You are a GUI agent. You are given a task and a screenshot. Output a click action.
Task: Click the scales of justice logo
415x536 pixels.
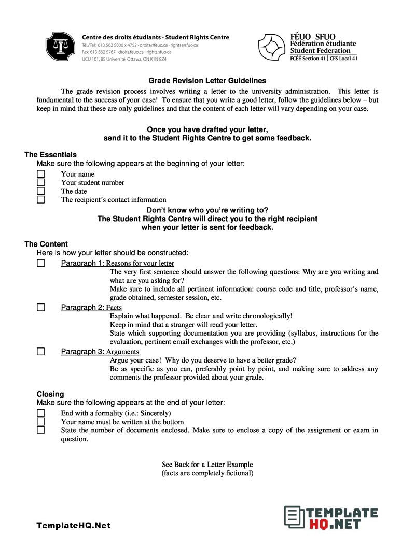point(61,46)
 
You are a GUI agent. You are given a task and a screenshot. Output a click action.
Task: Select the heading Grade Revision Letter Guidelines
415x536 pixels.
point(207,81)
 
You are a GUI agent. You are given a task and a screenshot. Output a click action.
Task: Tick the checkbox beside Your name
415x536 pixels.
point(41,174)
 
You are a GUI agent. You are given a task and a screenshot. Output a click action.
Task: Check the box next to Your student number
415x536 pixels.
point(41,182)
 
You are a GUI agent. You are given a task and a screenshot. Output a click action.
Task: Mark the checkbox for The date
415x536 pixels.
point(41,191)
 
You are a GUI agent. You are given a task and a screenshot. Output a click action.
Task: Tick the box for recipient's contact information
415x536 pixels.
point(41,199)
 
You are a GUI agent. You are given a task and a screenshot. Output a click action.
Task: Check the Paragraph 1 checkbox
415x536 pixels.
point(41,263)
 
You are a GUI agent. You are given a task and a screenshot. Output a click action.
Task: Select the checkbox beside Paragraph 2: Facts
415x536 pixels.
point(41,307)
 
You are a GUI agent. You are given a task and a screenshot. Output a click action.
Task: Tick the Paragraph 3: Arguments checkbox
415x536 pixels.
point(41,352)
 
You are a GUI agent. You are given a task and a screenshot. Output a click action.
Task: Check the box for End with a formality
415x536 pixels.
point(41,413)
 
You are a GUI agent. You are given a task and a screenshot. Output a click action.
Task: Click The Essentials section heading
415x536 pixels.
point(50,155)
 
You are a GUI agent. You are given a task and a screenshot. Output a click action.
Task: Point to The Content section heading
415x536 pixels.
point(46,244)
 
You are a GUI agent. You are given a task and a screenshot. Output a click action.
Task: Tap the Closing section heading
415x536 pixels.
point(50,394)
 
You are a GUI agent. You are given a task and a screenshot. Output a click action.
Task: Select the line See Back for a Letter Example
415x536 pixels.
point(207,465)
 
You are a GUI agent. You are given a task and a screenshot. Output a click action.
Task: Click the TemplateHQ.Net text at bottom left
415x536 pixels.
point(73,525)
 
